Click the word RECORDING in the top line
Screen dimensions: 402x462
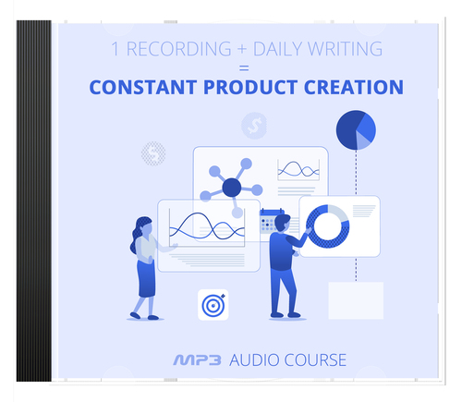click(173, 49)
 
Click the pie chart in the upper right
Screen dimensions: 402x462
click(357, 130)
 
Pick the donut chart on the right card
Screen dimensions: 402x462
click(327, 225)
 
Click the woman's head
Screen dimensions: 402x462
click(144, 226)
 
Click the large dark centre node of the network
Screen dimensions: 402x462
click(231, 188)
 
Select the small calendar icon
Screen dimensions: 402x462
click(269, 218)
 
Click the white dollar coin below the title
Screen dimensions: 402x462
click(252, 125)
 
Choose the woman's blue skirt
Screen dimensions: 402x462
click(147, 276)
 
